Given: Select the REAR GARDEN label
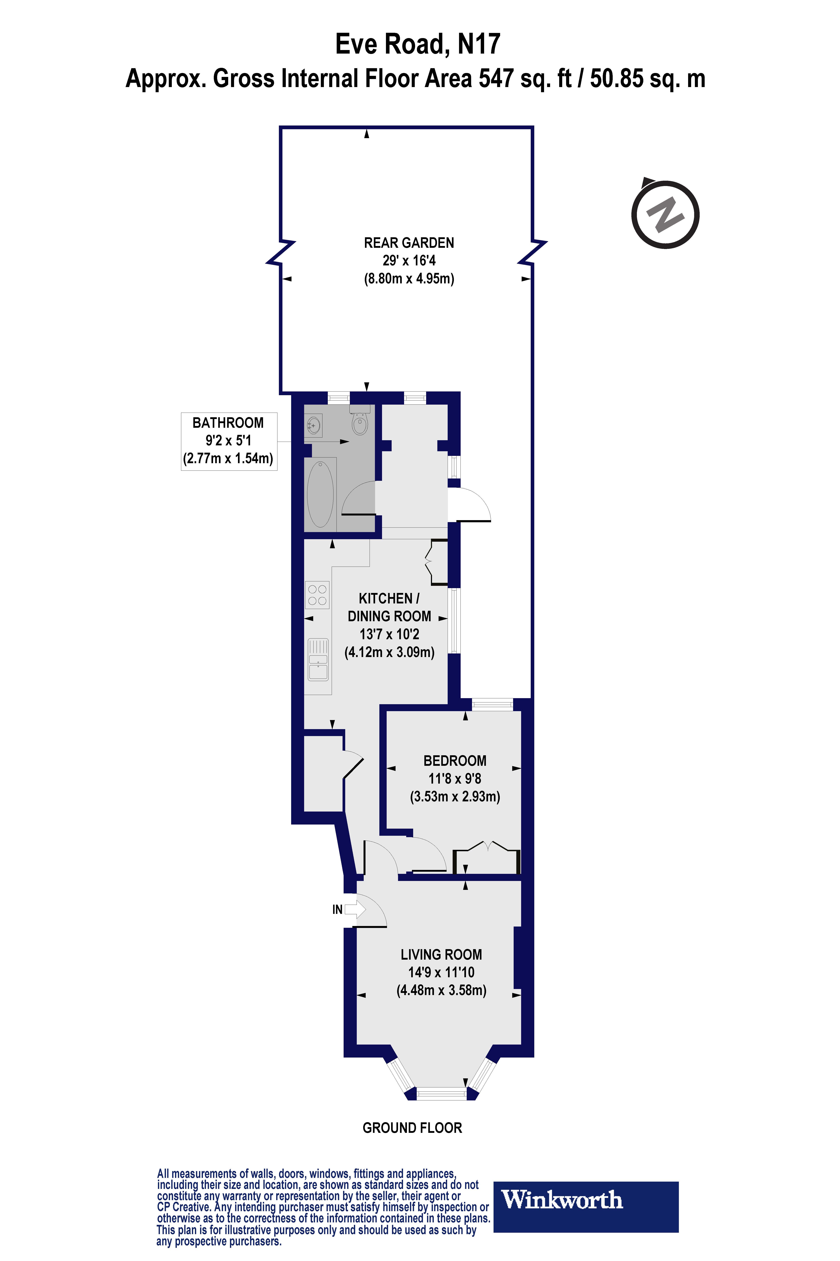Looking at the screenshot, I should point(409,243).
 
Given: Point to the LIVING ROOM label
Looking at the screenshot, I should point(441,954).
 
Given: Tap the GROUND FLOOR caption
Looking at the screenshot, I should point(412,1128).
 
